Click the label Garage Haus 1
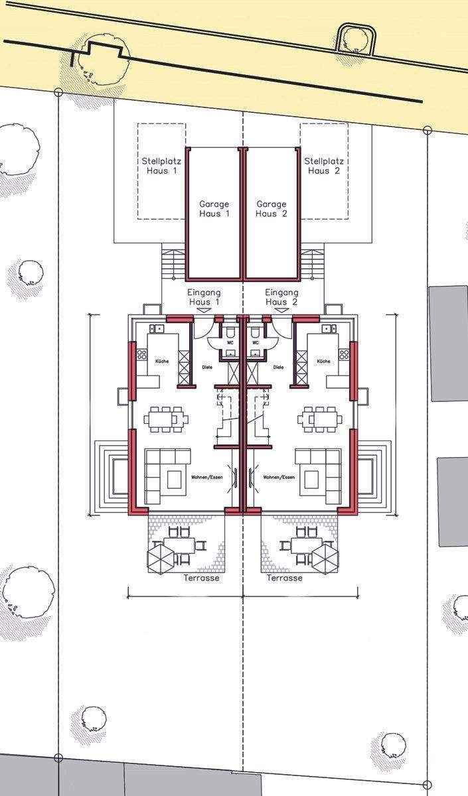(x=214, y=209)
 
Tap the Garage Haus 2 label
(x=272, y=209)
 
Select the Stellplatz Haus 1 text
(x=161, y=166)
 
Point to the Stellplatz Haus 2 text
(x=324, y=166)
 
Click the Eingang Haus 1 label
(x=204, y=297)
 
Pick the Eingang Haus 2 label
(x=281, y=297)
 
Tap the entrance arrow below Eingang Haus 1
(x=204, y=310)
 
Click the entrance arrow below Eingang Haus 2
(x=282, y=310)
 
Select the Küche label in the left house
(x=162, y=362)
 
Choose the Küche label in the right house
(x=324, y=362)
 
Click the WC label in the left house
(x=230, y=343)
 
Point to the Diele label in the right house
(x=278, y=367)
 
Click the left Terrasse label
(x=201, y=578)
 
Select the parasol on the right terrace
(x=325, y=559)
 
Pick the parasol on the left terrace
(x=161, y=559)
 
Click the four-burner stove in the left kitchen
(x=142, y=354)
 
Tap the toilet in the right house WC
(x=255, y=333)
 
